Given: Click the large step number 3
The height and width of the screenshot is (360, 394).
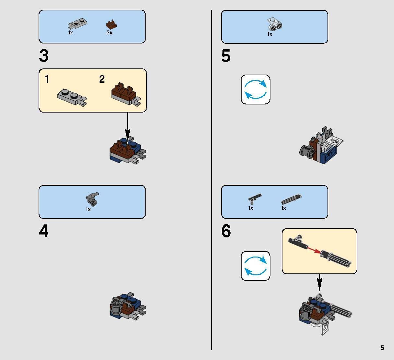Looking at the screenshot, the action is point(44,56).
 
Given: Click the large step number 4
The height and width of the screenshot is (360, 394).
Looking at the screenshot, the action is point(43,231).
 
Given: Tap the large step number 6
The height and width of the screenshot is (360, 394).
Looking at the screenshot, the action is point(226,231).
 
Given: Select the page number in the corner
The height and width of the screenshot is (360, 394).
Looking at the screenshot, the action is point(382,348).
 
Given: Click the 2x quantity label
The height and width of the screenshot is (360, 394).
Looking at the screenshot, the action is point(109,33).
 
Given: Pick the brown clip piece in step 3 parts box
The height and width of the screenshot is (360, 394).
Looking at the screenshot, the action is point(111,24).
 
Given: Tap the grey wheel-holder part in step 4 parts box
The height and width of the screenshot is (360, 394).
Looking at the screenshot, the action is point(92,199).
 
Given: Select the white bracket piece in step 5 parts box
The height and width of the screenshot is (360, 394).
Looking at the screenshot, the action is point(275,24).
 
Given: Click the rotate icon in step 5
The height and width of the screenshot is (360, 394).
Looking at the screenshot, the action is point(256,90).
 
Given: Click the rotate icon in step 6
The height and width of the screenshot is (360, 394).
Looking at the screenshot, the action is point(256,266).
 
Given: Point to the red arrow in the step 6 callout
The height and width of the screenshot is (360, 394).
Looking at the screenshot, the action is point(314,250).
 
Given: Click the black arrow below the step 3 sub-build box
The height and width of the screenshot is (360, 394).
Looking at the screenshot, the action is point(128,127).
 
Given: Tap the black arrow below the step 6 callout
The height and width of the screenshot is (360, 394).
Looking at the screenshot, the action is point(319,282).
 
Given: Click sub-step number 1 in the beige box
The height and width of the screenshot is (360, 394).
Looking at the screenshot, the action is point(47,79).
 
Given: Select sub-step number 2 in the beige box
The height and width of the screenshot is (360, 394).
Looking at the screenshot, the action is point(102,79).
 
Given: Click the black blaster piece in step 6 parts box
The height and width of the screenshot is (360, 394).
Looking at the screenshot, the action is point(255,199).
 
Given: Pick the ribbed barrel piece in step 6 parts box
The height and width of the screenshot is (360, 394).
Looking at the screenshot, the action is point(291,199).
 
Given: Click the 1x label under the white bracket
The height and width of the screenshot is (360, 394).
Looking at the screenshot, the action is point(270,34).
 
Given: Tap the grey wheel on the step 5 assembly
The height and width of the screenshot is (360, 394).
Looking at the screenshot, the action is point(307,152).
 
